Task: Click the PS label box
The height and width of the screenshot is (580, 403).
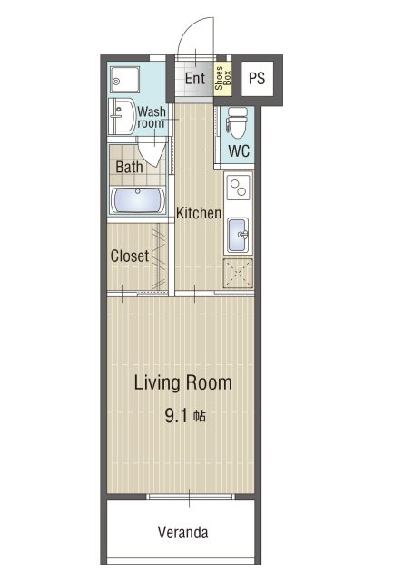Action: [x=257, y=79]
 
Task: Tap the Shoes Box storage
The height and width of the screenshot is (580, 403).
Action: [x=222, y=78]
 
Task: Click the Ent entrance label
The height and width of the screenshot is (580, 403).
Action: [x=195, y=79]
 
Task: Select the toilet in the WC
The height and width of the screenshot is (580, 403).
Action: [x=238, y=122]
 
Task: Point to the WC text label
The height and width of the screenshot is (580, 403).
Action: [x=239, y=151]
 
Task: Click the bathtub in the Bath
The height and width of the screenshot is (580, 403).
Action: [x=138, y=200]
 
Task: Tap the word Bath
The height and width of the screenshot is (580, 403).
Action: [x=129, y=167]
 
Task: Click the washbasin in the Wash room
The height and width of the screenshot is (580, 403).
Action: [x=122, y=116]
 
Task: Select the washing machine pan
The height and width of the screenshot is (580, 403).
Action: [x=125, y=80]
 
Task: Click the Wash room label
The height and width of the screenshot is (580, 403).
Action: [x=152, y=117]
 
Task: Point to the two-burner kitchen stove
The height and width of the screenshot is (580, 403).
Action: [x=238, y=188]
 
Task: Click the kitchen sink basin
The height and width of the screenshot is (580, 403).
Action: [x=238, y=235]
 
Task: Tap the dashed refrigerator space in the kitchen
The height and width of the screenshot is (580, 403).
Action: [x=238, y=274]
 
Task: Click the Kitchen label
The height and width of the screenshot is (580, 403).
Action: [x=199, y=213]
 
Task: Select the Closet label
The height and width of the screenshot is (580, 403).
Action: [x=130, y=256]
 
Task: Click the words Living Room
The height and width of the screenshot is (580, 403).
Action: [x=183, y=382]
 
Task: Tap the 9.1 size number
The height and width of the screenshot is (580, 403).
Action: [x=176, y=416]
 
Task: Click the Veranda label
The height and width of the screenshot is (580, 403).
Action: [x=182, y=532]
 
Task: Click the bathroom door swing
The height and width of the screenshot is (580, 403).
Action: [x=152, y=151]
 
